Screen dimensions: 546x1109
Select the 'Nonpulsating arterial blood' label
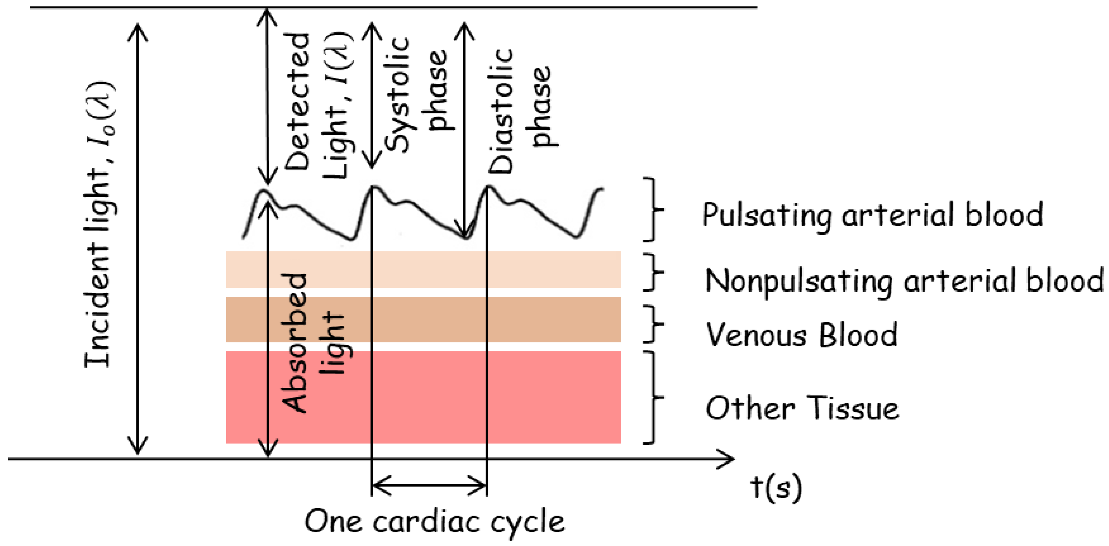point(904,281)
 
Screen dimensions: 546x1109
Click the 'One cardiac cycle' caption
point(435,521)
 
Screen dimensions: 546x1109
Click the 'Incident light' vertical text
point(99,224)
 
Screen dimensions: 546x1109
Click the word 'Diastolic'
point(501,111)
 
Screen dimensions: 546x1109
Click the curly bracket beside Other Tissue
point(652,397)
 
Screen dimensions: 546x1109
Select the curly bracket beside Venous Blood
point(652,324)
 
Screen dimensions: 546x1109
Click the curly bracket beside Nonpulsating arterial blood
point(652,272)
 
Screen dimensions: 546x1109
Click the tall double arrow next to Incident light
point(137,239)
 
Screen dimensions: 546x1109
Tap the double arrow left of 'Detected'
point(267,97)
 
